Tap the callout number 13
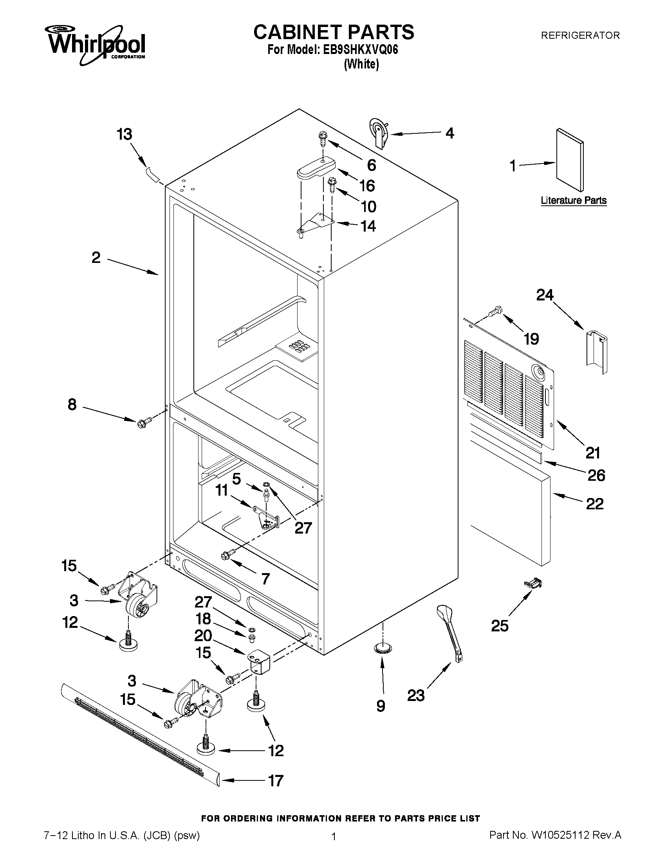(124, 135)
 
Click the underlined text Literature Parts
(573, 200)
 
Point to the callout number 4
(449, 133)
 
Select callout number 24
(545, 295)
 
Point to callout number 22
(595, 504)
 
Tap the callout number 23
(416, 696)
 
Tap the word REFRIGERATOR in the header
(580, 36)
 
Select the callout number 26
(596, 475)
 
